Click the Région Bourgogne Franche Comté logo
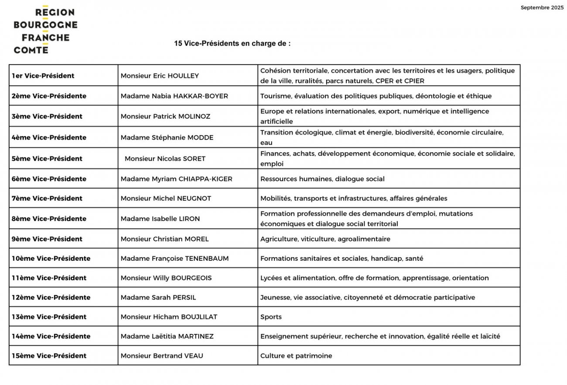click(x=45, y=31)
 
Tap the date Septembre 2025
click(x=542, y=8)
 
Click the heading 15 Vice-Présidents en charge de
click(x=232, y=44)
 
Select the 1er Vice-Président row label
click(x=43, y=76)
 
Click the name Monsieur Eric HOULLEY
click(x=160, y=76)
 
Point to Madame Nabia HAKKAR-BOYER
click(x=174, y=96)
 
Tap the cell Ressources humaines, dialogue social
click(x=322, y=179)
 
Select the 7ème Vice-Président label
click(x=47, y=198)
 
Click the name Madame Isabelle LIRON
click(x=160, y=219)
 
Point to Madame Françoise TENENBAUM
click(x=174, y=259)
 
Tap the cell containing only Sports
click(x=271, y=317)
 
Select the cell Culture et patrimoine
click(x=296, y=356)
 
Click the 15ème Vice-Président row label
click(x=49, y=356)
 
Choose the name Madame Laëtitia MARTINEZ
click(x=167, y=337)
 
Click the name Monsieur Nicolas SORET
click(x=165, y=159)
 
